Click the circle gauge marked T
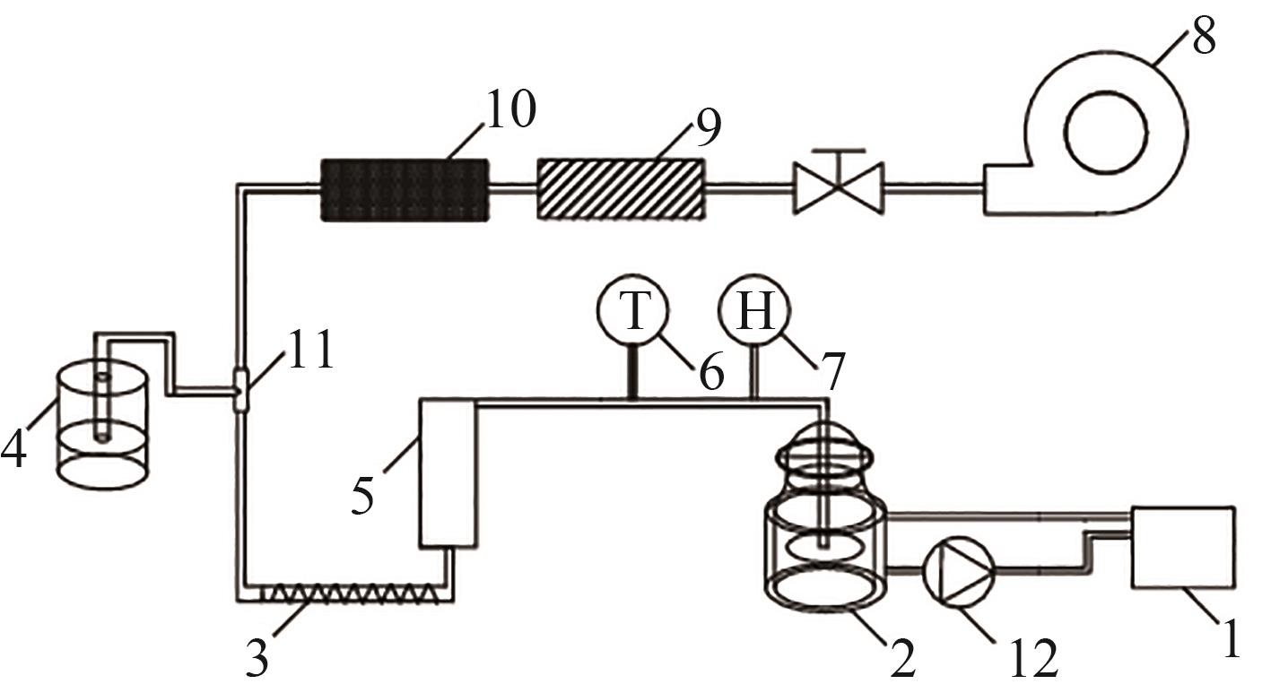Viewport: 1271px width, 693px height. point(632,310)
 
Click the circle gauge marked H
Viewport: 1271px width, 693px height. point(754,310)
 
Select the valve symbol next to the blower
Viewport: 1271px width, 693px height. point(839,181)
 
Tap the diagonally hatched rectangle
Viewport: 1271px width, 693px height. point(622,189)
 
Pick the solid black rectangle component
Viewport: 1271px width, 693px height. point(405,190)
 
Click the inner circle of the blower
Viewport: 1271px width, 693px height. point(1106,132)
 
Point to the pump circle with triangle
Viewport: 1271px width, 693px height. point(959,572)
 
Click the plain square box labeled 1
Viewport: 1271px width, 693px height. point(1183,548)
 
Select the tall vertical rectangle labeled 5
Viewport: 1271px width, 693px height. point(448,473)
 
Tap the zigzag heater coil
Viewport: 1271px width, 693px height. point(348,594)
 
